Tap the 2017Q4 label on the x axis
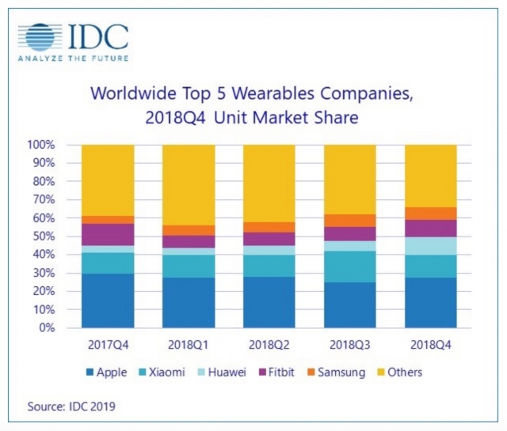107,346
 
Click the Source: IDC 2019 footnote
69,406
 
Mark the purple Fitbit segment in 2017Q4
107,234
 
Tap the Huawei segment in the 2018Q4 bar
432,245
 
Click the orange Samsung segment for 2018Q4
432,214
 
